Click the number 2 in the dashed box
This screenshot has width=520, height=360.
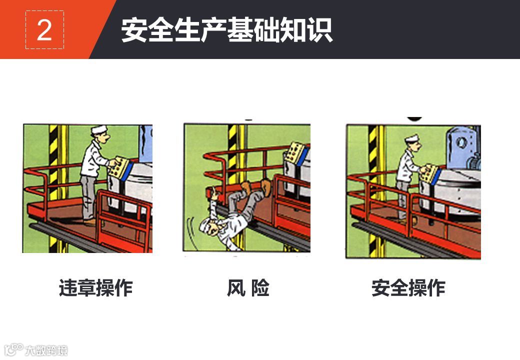click(x=44, y=30)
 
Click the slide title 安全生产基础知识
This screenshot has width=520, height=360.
click(x=227, y=30)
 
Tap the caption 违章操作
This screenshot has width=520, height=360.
click(x=96, y=287)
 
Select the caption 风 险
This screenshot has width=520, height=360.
click(x=248, y=287)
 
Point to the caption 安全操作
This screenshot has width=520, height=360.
click(x=408, y=287)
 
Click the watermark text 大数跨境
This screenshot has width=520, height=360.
click(x=46, y=350)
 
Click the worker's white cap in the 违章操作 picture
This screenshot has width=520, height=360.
click(x=99, y=129)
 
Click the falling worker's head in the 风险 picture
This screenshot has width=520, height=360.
click(x=210, y=226)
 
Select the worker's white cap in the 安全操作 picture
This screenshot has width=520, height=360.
click(x=412, y=138)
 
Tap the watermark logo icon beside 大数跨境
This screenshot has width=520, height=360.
click(x=14, y=349)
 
